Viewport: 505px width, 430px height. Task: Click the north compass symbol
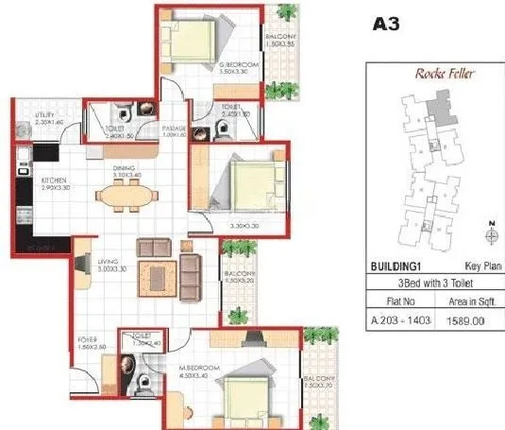coord(491,231)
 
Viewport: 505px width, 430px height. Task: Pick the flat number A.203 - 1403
coord(401,321)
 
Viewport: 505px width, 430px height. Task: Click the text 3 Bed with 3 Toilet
coord(434,284)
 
